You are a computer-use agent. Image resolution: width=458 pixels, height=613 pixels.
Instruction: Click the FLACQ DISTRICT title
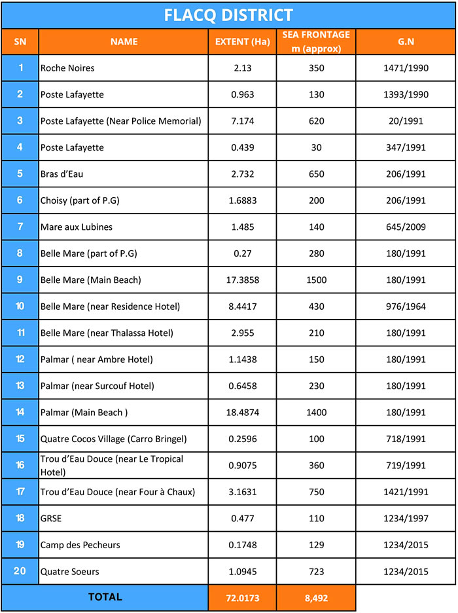[228, 14]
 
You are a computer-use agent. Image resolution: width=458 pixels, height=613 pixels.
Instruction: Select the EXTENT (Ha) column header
[242, 42]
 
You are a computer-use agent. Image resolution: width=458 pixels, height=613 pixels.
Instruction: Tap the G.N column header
[406, 42]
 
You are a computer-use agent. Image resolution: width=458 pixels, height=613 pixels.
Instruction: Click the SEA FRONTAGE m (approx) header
[316, 42]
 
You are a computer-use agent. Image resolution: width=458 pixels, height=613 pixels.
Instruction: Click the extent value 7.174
[242, 121]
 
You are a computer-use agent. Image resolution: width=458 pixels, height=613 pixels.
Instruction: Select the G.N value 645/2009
[406, 227]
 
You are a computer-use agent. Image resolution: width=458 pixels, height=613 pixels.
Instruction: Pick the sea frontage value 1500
[316, 280]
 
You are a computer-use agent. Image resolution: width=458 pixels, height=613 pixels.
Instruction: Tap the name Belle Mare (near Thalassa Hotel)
[107, 333]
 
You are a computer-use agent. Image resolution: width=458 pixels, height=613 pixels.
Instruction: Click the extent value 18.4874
[242, 413]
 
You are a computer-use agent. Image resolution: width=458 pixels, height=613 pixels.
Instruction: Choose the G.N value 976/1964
[406, 306]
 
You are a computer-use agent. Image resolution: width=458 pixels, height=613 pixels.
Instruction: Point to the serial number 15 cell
[20, 439]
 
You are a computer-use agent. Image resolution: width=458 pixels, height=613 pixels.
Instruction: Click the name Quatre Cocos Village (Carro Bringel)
[112, 439]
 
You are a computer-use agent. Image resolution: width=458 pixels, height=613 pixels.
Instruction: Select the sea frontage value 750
[316, 492]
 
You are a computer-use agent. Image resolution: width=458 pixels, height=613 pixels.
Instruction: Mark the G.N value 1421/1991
[406, 492]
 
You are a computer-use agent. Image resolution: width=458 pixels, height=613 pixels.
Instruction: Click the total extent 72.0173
[242, 598]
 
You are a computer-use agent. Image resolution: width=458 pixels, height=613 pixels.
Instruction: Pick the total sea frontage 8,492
[316, 598]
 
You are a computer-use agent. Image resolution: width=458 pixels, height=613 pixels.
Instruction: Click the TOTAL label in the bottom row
[105, 597]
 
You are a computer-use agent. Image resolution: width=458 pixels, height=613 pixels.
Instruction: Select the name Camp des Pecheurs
[80, 545]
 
